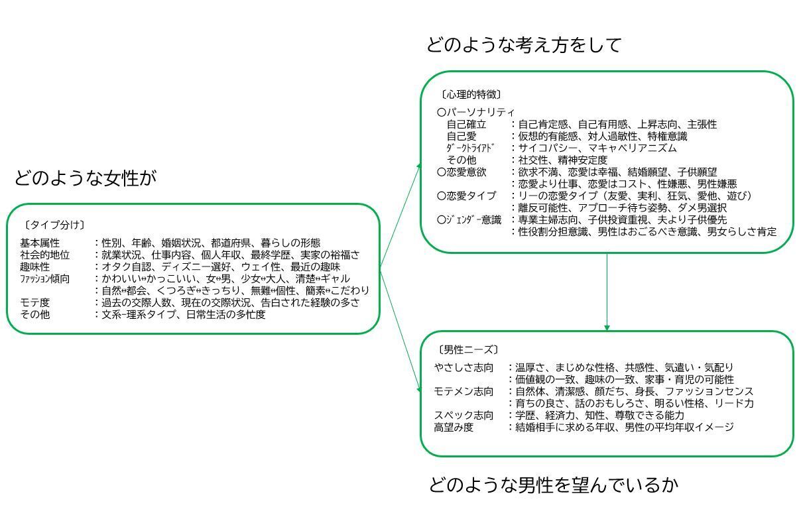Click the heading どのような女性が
pos(86,178)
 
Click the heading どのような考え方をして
pos(524,45)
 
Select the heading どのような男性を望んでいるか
pos(553,485)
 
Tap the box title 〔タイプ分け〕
pos(54,225)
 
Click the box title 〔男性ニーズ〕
pos(467,349)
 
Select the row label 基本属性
pos(40,243)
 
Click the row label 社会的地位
pos(44,255)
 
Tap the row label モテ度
pos(34,303)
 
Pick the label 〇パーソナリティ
pos(475,112)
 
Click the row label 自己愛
pos(462,136)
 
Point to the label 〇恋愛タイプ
pos(466,196)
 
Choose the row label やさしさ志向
pos(463,367)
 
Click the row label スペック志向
pos(463,416)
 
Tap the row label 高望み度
pos(454,427)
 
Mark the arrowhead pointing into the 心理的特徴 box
pos(419,166)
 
